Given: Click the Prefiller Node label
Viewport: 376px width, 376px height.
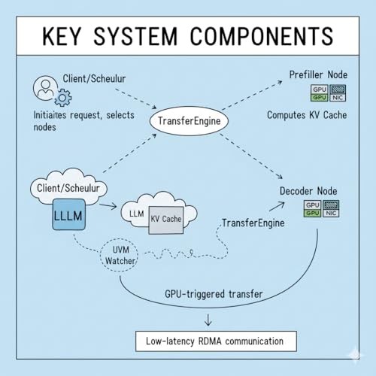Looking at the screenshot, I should point(318,75).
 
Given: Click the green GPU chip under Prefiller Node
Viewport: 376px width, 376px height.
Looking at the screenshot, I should point(319,98).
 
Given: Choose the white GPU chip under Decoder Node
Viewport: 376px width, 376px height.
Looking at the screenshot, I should point(311,205).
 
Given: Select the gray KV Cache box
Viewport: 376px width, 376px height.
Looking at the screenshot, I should point(164,218).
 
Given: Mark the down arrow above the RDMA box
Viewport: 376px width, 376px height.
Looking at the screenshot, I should point(208,320).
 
